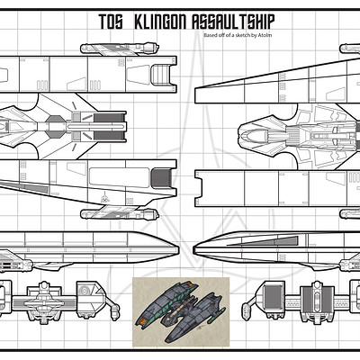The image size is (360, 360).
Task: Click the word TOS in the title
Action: [111, 22]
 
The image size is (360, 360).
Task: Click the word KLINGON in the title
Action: [160, 22]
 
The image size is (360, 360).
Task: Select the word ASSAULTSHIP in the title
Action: [233, 22]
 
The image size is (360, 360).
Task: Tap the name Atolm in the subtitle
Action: [266, 35]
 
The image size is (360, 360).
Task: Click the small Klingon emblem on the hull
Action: [104, 196]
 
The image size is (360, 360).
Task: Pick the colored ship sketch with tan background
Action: [181, 311]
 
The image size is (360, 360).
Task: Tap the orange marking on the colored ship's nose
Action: [142, 321]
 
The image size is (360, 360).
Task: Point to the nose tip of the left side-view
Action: [179, 249]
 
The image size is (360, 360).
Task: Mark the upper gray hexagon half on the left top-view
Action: [56, 120]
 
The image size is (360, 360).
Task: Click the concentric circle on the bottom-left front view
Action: [85, 291]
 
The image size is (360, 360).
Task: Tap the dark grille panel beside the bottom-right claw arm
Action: [273, 295]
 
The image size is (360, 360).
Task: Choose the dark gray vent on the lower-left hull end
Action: [161, 178]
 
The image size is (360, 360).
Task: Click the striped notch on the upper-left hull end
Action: [161, 74]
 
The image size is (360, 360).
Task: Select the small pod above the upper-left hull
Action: [120, 49]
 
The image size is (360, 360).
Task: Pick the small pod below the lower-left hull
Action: [120, 214]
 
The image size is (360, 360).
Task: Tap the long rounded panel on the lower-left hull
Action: [120, 177]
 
